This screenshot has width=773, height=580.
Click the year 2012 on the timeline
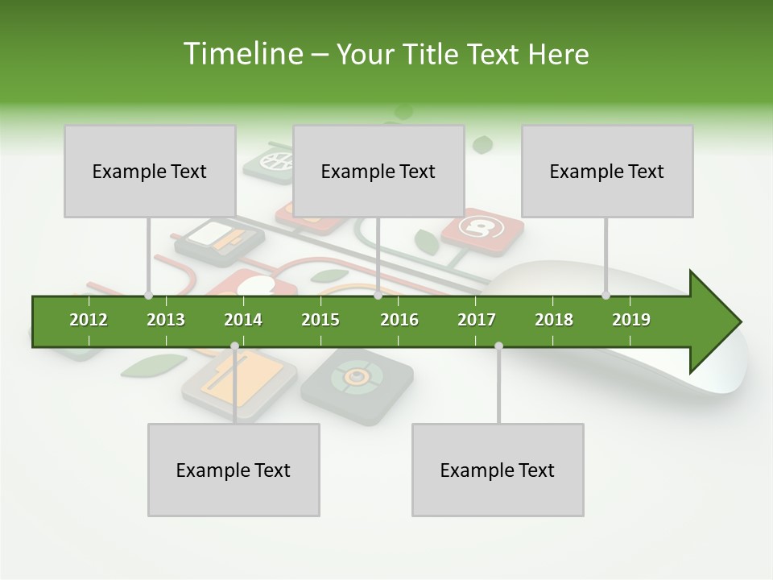(x=89, y=320)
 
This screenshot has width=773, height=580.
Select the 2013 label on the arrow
(x=166, y=320)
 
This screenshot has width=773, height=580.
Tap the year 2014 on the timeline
(x=243, y=320)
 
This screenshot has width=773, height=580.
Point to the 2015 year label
(x=320, y=320)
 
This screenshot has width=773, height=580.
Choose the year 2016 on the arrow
(x=399, y=320)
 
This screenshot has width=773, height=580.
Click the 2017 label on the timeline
(x=477, y=320)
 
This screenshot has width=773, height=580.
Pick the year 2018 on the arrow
(x=554, y=320)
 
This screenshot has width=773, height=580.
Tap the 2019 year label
(x=631, y=320)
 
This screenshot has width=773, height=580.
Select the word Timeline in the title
(x=241, y=54)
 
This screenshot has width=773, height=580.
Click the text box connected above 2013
(x=150, y=171)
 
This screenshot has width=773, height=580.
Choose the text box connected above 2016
(x=378, y=171)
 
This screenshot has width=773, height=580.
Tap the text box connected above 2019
(x=607, y=171)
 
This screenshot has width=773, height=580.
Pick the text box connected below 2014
(x=234, y=470)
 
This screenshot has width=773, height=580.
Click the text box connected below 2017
(x=498, y=470)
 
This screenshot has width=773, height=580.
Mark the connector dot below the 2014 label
(x=234, y=346)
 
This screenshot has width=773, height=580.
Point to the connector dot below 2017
(x=498, y=346)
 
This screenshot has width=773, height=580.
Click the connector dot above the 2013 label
(x=148, y=295)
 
